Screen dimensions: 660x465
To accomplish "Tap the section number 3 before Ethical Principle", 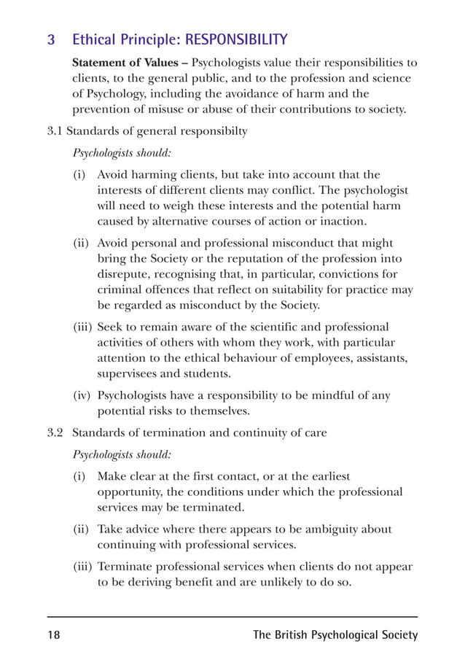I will [51, 39].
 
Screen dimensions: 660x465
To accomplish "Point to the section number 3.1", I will [55, 131].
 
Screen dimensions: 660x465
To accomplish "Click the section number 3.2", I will [55, 432].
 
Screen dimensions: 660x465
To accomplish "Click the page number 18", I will [54, 635].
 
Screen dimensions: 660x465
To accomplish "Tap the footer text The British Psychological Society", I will [335, 635].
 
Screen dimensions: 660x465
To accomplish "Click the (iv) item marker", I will [82, 395].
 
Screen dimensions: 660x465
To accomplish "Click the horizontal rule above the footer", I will [232, 617].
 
